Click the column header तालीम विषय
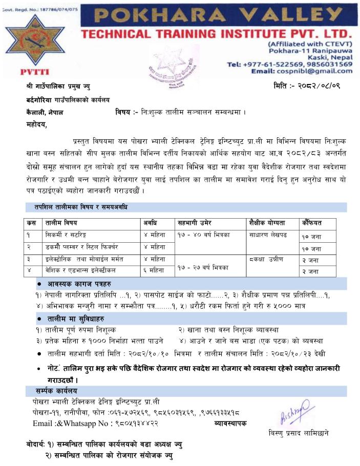coord(62,222)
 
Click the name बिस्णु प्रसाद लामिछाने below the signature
coord(299,433)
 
